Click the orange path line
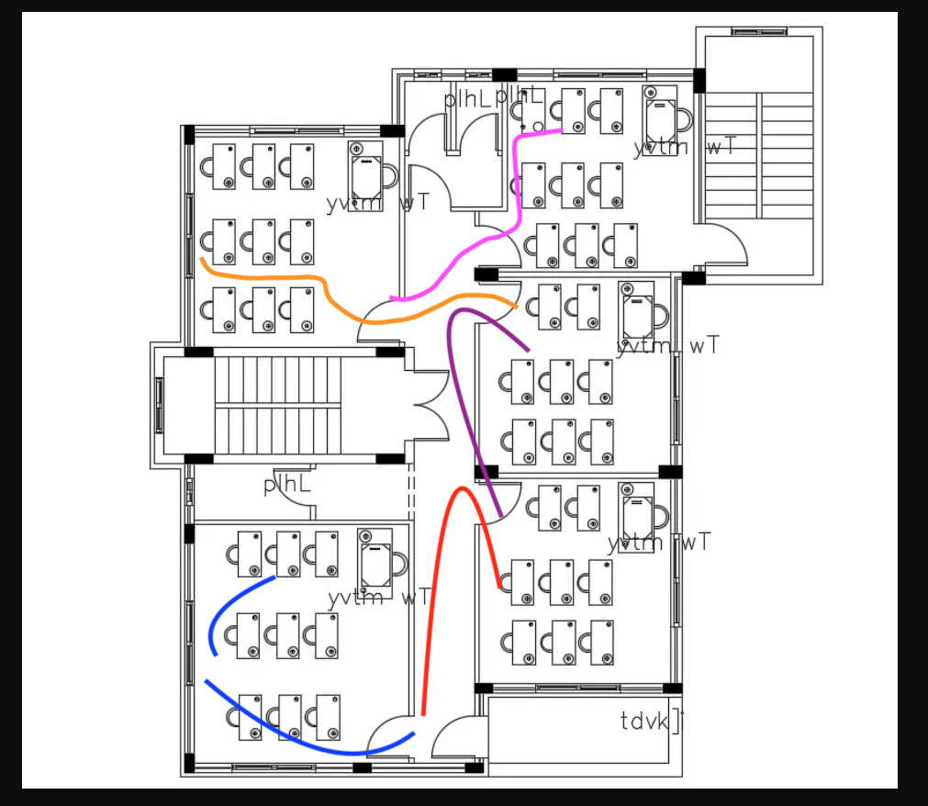click(x=275, y=276)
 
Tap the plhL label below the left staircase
click(x=287, y=485)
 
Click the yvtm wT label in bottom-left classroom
click(x=378, y=599)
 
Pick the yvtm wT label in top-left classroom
click(x=377, y=203)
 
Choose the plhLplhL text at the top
click(x=492, y=98)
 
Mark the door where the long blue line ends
click(x=389, y=738)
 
